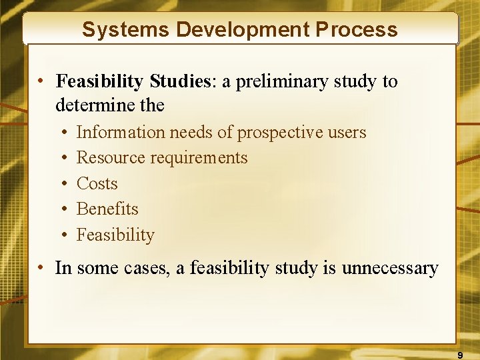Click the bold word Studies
point(179,81)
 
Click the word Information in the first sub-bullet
point(121,133)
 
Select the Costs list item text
point(97,183)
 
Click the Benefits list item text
point(107,209)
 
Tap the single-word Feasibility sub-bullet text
point(115,235)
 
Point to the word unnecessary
point(390,269)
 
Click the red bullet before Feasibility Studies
point(41,82)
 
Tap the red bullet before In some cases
point(41,269)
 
